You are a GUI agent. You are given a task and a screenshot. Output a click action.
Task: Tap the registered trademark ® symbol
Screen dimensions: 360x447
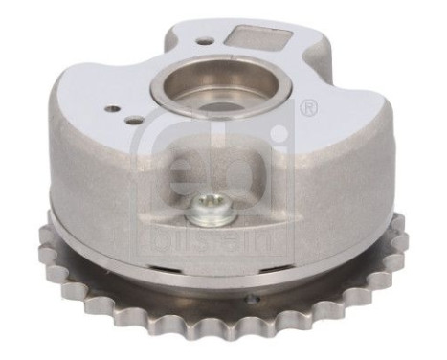pos(308,109)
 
